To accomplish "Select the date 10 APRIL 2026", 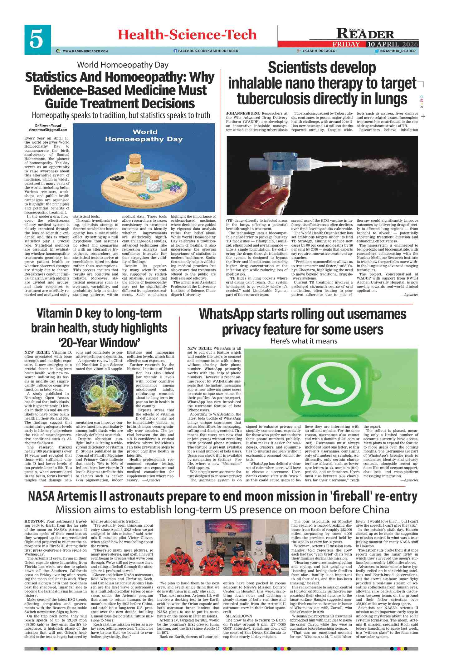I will [392, 44].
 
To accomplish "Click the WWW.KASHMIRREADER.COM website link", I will [85, 51].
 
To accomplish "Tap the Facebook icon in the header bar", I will [175, 51].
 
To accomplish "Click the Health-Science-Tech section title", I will [187, 35].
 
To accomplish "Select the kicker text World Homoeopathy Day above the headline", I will [123, 65].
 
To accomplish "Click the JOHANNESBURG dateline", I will [243, 113].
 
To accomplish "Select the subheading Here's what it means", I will [304, 341].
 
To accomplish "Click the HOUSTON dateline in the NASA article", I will [35, 521].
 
